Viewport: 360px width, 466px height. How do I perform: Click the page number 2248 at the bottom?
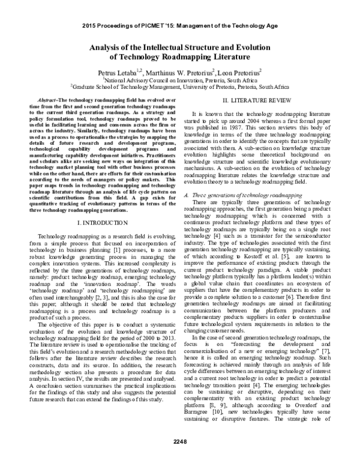pos(180,458)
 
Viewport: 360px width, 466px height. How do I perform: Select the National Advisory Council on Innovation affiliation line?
pos(180,79)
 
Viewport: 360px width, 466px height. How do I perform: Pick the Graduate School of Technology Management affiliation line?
pos(180,86)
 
